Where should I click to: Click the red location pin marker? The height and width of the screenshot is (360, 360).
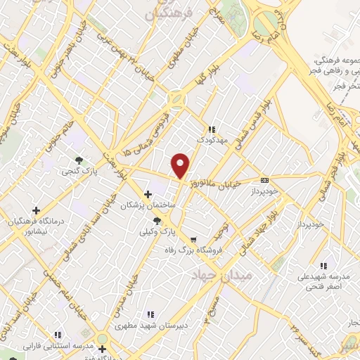tap(181, 166)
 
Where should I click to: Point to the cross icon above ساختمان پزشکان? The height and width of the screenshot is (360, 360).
tap(147, 194)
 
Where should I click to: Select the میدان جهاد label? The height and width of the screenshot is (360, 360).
tap(240, 276)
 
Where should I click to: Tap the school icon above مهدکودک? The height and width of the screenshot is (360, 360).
tap(210, 129)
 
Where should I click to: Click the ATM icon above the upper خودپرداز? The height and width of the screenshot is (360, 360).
tap(264, 179)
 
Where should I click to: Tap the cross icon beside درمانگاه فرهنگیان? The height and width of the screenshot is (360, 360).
tap(36, 210)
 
